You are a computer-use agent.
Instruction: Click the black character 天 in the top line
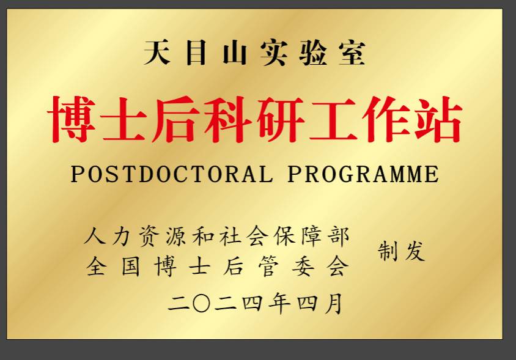coord(157,53)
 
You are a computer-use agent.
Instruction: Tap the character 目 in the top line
coord(196,53)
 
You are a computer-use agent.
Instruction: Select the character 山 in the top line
coord(235,53)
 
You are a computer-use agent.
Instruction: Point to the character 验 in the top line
coord(312,53)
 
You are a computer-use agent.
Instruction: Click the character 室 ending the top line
coord(352,53)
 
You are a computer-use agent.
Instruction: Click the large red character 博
coord(72,119)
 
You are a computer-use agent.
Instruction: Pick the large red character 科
coord(227,119)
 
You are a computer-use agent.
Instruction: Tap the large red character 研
coord(281,119)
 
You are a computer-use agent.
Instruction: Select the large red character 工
coord(333,120)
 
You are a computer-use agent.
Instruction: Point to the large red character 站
coord(438,119)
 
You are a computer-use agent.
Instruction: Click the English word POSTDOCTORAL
coord(172,174)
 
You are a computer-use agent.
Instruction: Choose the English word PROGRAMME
coord(363,174)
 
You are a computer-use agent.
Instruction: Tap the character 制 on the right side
coord(388,251)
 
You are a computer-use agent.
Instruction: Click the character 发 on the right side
coord(415,251)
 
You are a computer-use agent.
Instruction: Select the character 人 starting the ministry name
coord(95,237)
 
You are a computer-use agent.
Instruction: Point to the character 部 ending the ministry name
coord(338,237)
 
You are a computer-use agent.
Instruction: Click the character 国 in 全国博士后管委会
coord(131,266)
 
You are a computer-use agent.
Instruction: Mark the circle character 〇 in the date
coord(201,303)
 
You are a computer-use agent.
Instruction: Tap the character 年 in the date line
coord(279,303)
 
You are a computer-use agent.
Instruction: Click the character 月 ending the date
coord(334,303)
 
